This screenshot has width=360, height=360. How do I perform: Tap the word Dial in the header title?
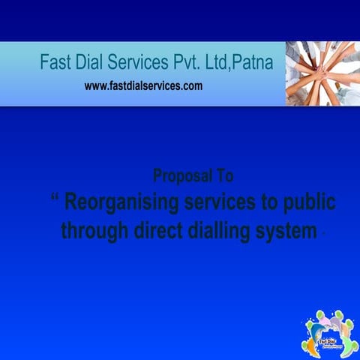click(x=96, y=62)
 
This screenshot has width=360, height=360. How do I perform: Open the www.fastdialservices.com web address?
click(x=143, y=86)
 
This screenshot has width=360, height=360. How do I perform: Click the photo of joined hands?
click(x=322, y=73)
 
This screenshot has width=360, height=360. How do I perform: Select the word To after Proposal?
click(x=223, y=176)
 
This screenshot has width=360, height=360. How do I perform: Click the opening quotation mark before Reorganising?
click(x=55, y=198)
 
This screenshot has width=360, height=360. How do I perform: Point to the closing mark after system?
click(x=322, y=234)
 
